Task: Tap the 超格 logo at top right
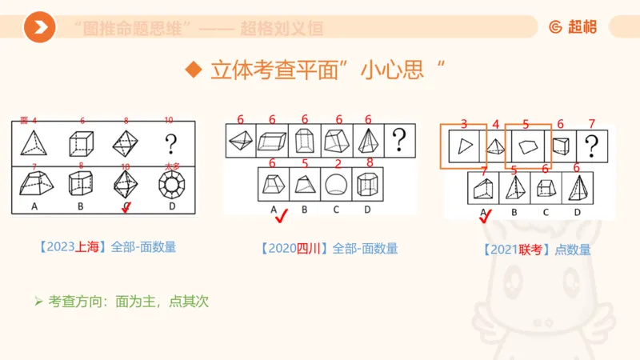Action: click(x=573, y=26)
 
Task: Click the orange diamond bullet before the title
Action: click(x=192, y=70)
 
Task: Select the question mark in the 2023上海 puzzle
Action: click(x=170, y=145)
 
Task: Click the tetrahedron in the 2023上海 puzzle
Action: click(x=34, y=145)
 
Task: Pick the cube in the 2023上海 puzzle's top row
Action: click(x=81, y=145)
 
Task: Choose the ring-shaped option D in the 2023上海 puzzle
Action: click(x=170, y=186)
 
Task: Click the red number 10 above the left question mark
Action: click(x=169, y=121)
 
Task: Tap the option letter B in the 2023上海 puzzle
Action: click(x=81, y=207)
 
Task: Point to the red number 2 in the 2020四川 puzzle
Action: click(x=338, y=163)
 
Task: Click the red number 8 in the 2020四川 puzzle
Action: click(x=369, y=163)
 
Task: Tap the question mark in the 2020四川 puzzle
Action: click(x=398, y=142)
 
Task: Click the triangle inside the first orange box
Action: click(x=463, y=146)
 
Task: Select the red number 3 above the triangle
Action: click(x=464, y=124)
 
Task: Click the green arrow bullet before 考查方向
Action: click(x=38, y=302)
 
